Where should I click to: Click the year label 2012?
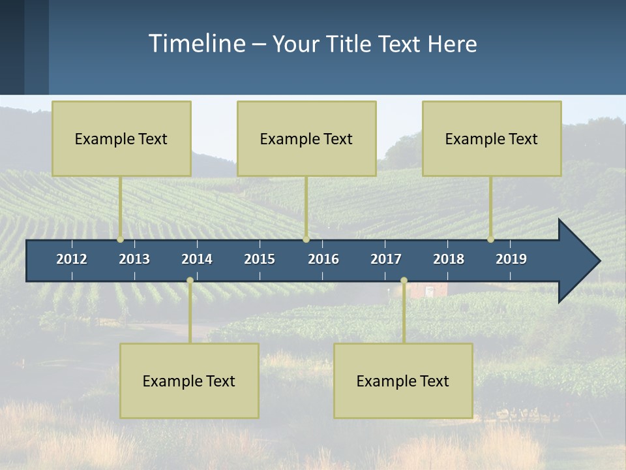pos(72,259)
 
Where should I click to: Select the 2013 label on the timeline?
pos(134,259)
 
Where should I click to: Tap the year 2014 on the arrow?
pos(197,259)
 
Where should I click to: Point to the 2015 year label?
pos(260,259)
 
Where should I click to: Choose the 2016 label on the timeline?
pos(323,259)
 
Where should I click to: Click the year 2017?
pos(386,259)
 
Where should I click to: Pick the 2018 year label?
pos(449,259)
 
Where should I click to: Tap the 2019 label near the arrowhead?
pos(511,259)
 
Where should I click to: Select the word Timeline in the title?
pos(196,44)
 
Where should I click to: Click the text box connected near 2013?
pos(121,138)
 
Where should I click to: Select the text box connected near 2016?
pos(306,138)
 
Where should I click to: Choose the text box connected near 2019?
pos(492,138)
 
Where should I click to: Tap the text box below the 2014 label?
pos(189,381)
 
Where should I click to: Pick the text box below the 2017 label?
pos(403,381)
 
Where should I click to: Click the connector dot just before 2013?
pos(121,239)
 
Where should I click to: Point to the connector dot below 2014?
pos(190,281)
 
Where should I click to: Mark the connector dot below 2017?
pos(404,281)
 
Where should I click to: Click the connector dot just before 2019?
pos(490,239)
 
